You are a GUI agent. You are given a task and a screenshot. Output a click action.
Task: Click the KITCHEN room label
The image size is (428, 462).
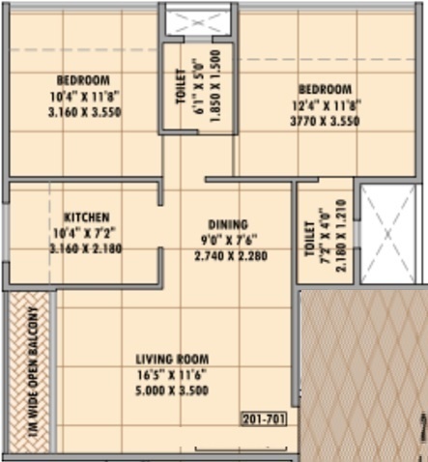click(86, 217)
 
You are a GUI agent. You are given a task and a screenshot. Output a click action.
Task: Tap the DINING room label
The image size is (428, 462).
click(228, 223)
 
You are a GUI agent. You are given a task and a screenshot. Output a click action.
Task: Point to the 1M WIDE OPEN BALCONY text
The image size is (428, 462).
click(32, 373)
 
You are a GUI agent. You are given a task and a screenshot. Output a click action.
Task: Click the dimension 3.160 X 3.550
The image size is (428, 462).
click(82, 111)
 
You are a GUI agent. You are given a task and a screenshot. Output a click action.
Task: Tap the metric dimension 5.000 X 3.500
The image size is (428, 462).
click(174, 390)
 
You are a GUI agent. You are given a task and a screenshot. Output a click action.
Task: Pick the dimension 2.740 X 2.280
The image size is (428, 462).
click(230, 255)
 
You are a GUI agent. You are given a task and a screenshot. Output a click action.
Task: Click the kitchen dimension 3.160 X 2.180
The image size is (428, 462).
click(86, 247)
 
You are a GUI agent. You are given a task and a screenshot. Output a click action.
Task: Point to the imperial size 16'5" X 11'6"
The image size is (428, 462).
click(174, 374)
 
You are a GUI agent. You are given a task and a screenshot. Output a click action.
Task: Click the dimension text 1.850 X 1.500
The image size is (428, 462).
click(215, 86)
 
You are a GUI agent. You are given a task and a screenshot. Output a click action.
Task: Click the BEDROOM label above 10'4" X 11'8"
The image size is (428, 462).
click(82, 79)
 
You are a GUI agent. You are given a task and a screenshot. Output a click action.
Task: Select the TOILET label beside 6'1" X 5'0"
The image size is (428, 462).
click(180, 86)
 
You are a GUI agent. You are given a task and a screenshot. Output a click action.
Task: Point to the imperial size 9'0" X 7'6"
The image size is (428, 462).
click(229, 240)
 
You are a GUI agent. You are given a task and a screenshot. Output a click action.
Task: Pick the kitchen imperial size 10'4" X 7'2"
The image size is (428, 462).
click(86, 232)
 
